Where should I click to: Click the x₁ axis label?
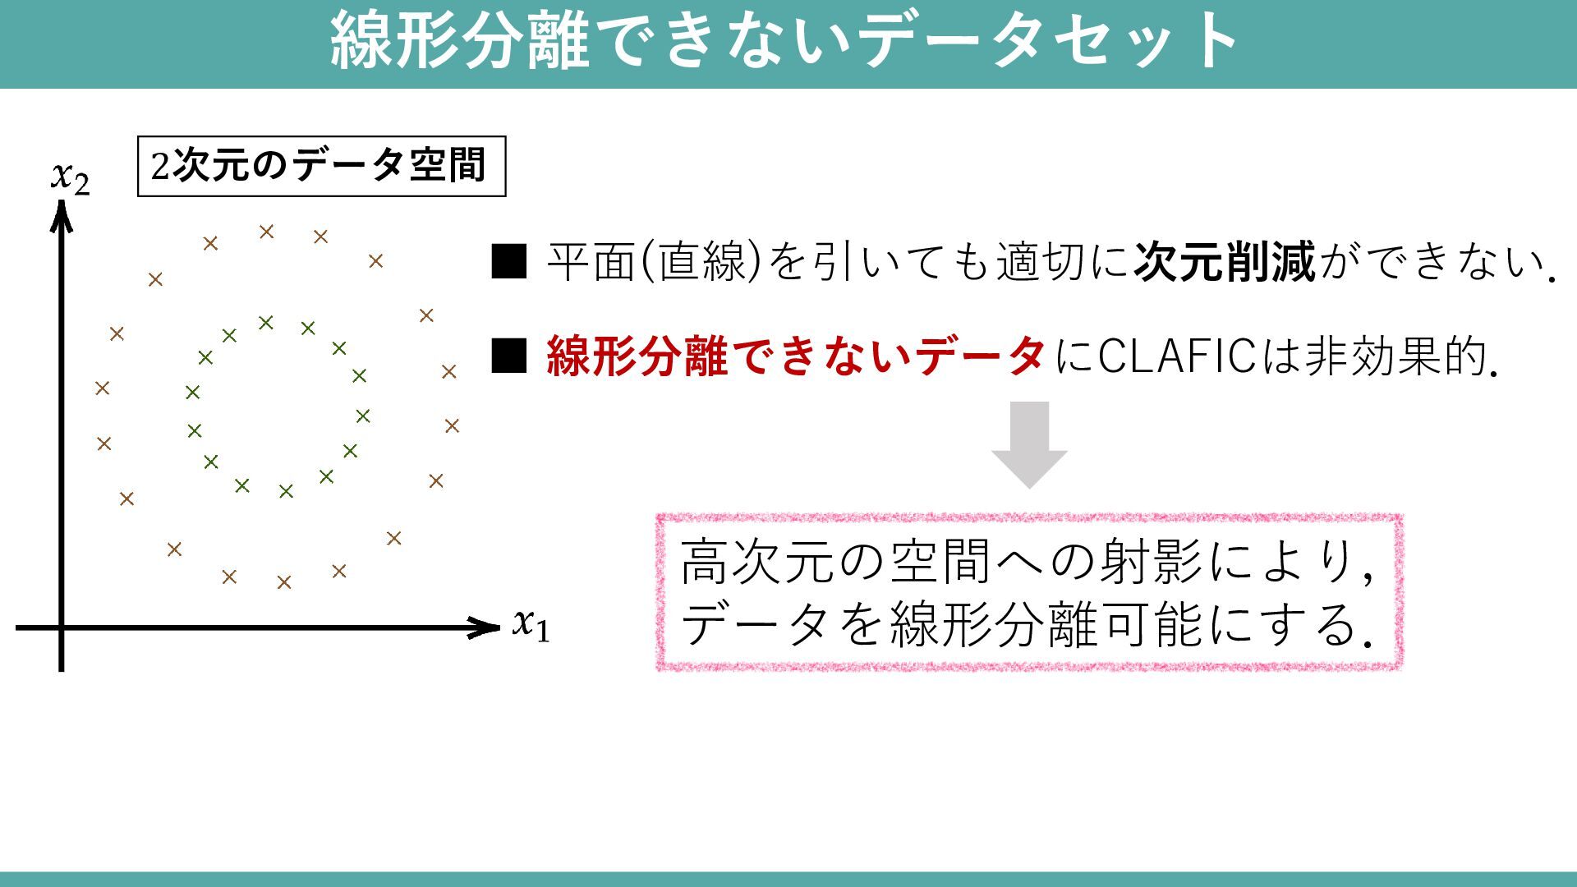(x=531, y=625)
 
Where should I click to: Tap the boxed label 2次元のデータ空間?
(x=321, y=167)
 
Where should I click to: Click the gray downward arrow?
(x=1029, y=444)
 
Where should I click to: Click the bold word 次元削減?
(x=1225, y=262)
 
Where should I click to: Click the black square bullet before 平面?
(x=508, y=262)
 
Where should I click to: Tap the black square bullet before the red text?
(x=508, y=356)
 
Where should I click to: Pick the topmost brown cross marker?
(x=266, y=232)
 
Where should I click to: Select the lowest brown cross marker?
(x=284, y=582)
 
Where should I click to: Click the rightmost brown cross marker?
(x=452, y=425)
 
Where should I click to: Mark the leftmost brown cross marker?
(x=102, y=388)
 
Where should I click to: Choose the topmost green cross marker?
(x=265, y=323)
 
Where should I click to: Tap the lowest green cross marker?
(x=286, y=491)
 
